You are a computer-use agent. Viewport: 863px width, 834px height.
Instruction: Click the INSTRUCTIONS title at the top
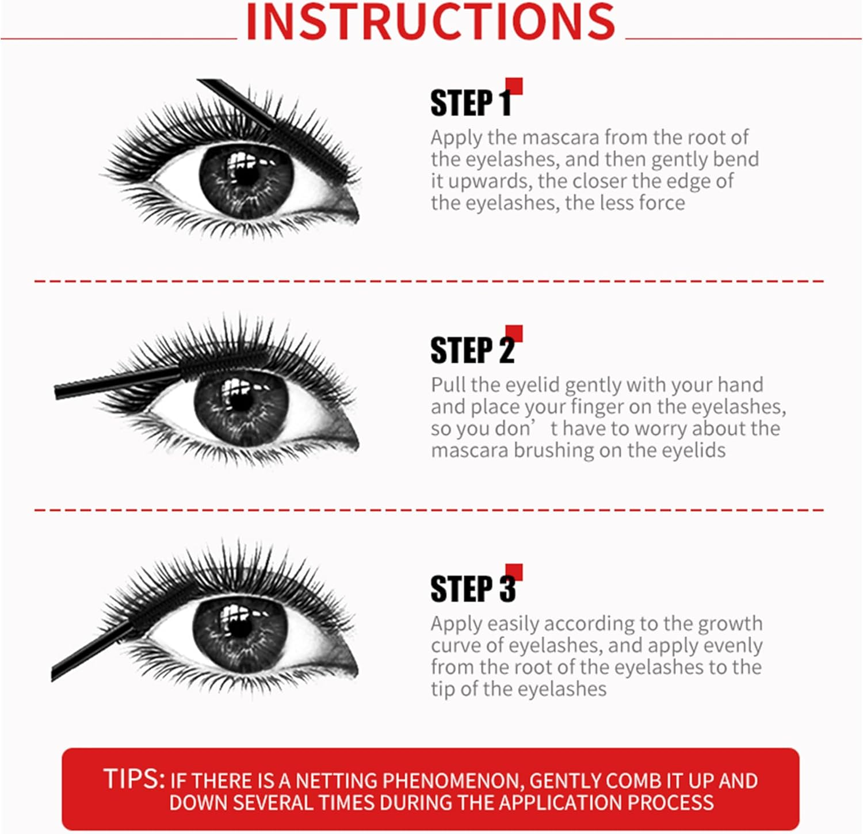click(430, 22)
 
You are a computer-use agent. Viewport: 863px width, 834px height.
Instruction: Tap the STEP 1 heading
click(471, 104)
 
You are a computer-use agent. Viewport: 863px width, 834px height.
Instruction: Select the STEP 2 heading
click(472, 350)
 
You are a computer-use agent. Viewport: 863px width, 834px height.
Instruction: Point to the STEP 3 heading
click(472, 589)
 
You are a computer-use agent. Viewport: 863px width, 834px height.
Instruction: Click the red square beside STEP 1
click(514, 86)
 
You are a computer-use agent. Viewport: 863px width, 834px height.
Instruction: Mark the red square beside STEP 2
click(514, 333)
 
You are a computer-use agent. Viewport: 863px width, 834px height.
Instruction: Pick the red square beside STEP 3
click(514, 572)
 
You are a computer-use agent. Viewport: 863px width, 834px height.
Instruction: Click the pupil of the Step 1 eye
click(246, 174)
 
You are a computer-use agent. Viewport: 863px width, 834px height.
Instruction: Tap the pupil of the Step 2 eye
click(241, 400)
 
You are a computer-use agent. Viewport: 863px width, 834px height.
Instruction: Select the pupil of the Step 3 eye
click(239, 627)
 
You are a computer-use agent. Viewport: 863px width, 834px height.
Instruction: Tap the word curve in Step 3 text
click(455, 646)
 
